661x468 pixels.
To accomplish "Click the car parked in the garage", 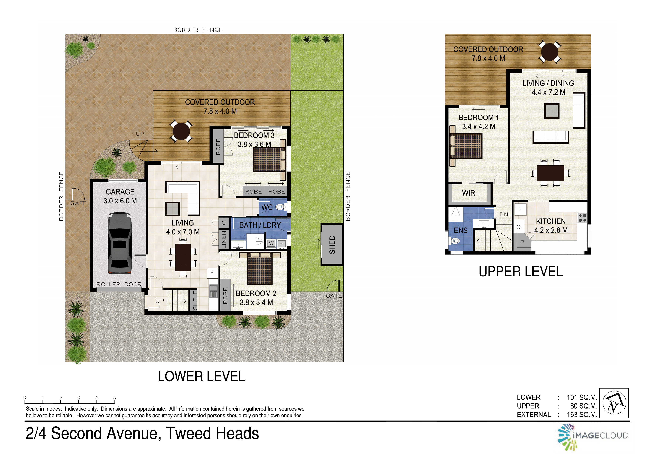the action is click(x=120, y=243).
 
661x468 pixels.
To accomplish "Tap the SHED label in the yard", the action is click(x=332, y=245).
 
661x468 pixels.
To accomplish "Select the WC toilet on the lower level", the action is click(x=281, y=207).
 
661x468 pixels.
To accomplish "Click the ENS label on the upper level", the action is click(x=461, y=230).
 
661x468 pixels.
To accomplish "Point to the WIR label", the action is click(x=468, y=193).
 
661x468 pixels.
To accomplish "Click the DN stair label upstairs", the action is click(x=504, y=215).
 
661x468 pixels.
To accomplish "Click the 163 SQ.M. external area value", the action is click(x=582, y=415).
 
